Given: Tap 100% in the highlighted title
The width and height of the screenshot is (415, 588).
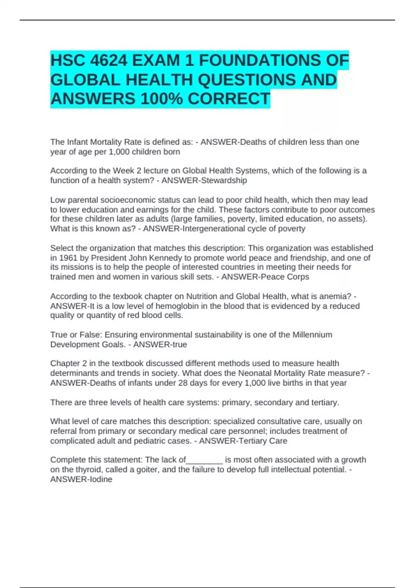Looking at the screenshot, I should coord(162,99).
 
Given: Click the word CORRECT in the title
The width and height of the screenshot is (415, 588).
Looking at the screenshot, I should coord(229,99).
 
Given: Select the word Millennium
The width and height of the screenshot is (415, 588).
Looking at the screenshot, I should coord(312,334).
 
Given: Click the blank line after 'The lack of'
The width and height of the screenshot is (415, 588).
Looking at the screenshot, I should coord(204,460).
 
